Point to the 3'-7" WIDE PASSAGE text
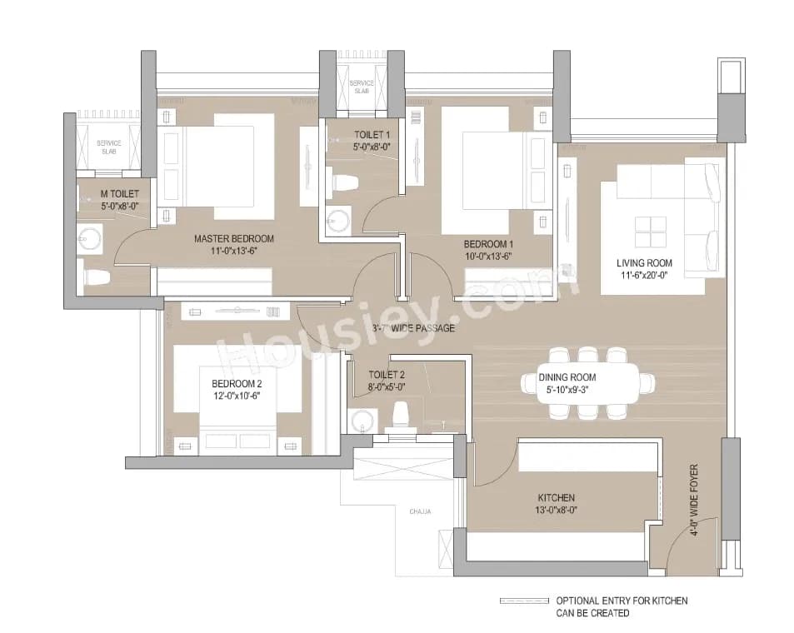click(413, 328)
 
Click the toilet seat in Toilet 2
click(401, 413)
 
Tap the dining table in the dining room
click(583, 382)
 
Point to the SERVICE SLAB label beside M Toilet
click(109, 147)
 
